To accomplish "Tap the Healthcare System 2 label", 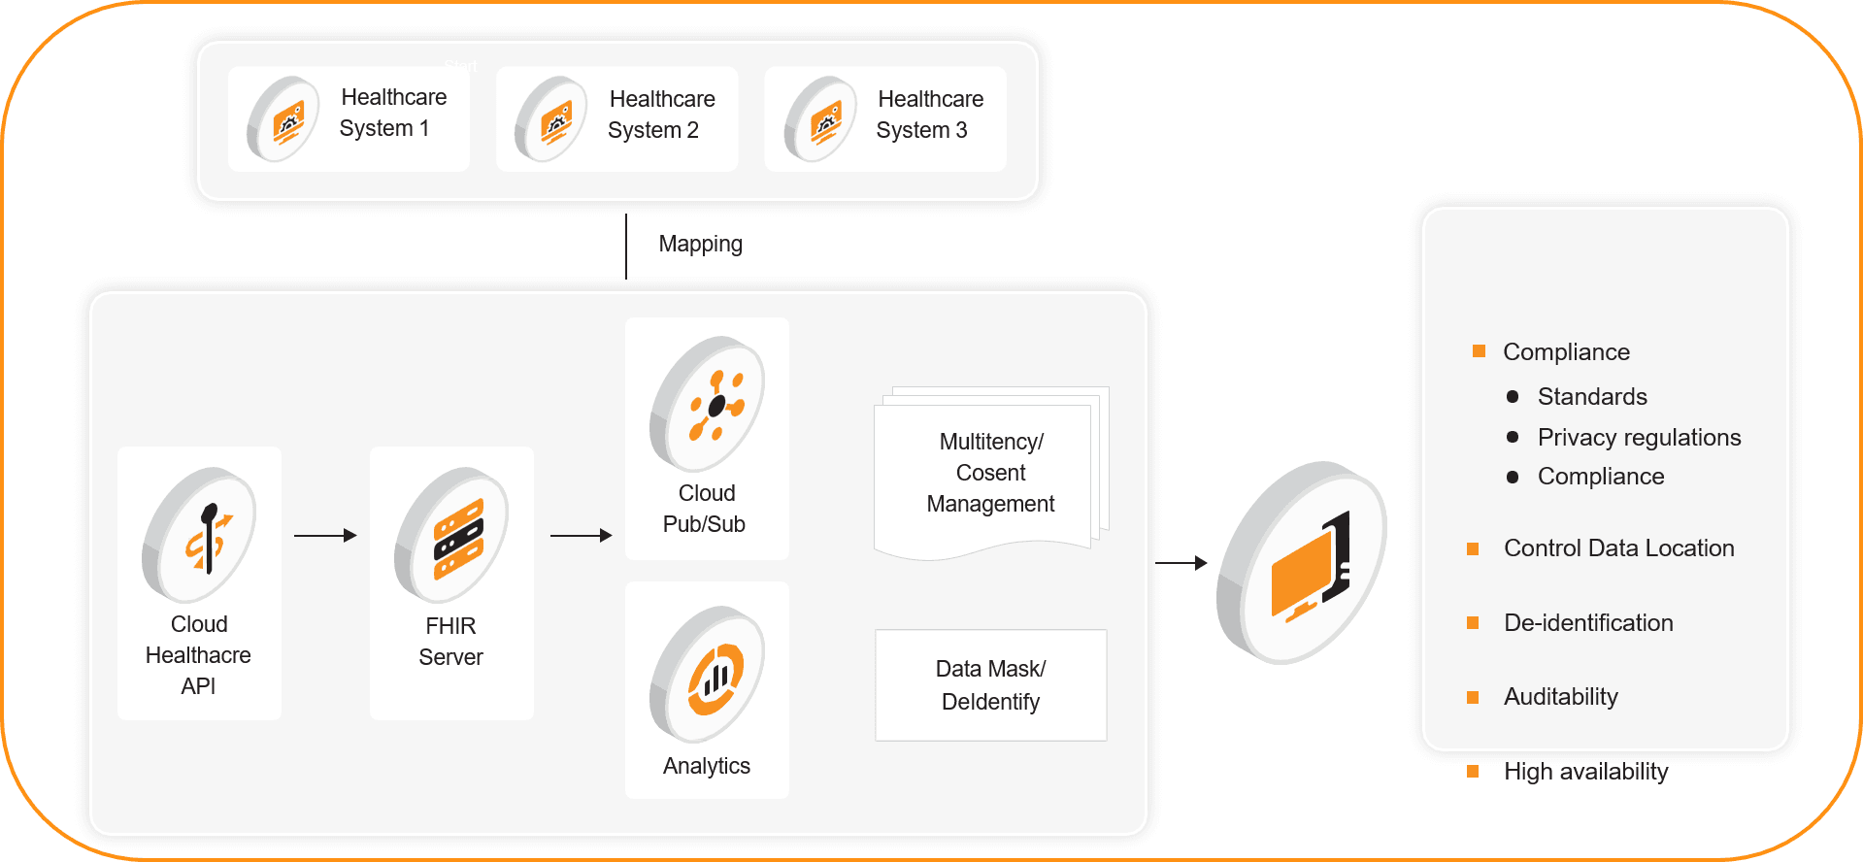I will pos(660,115).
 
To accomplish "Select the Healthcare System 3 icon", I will pos(820,119).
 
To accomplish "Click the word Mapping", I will pos(700,244).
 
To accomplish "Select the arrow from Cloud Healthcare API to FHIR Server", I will pos(325,535).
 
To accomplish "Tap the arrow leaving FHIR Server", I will pos(581,535).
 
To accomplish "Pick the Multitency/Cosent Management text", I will pos(990,473).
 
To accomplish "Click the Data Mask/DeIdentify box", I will pos(990,685).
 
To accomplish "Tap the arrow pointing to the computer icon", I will pos(1181,562).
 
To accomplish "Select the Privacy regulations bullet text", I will pos(1639,438).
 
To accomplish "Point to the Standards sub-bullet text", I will pos(1592,397).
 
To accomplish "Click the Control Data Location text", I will pos(1618,548).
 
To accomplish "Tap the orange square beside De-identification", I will pos(1473,623).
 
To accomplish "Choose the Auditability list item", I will pos(1560,697).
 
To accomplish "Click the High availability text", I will pos(1585,772).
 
